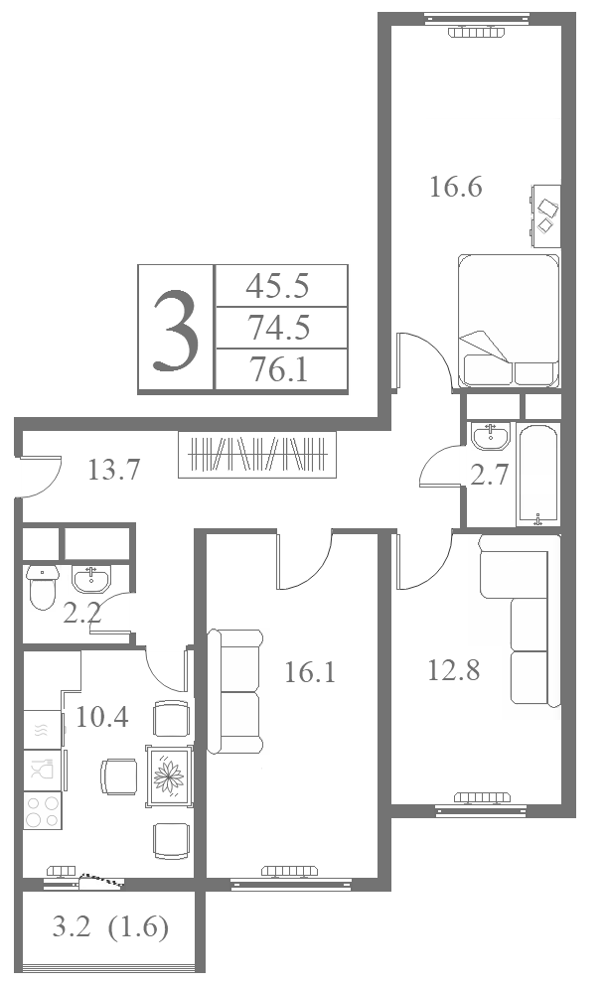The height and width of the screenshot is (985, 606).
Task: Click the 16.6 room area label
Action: (455, 188)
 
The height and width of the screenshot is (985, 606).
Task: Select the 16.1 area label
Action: (310, 672)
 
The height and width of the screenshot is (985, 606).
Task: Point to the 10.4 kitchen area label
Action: (102, 716)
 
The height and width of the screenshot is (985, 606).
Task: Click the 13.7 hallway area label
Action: (114, 470)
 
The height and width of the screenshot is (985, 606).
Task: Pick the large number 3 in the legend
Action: (176, 331)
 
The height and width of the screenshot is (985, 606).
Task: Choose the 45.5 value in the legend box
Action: (278, 286)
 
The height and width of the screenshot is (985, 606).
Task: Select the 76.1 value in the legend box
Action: (279, 369)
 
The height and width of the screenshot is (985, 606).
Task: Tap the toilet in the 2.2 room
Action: (42, 587)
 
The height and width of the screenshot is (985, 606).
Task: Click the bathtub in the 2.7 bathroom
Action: (536, 475)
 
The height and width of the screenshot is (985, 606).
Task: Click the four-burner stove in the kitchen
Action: (43, 810)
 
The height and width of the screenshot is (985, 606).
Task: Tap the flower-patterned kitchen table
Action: (169, 776)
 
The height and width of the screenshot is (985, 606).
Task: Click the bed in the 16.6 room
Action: (509, 320)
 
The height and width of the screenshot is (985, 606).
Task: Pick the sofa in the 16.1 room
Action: (235, 692)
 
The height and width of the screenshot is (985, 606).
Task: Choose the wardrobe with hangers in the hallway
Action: (257, 454)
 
